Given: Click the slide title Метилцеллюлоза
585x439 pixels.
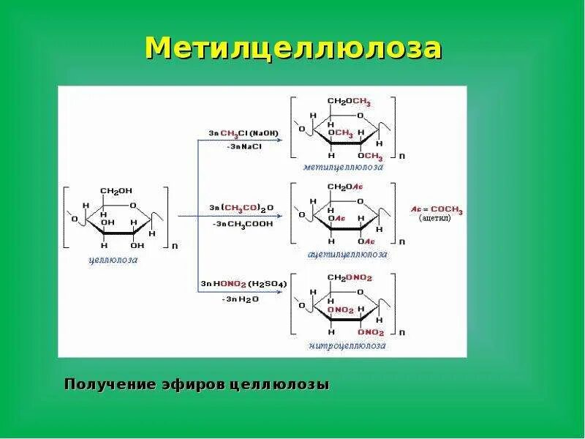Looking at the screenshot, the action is [292, 48].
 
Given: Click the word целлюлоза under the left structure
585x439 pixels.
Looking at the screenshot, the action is [113, 259].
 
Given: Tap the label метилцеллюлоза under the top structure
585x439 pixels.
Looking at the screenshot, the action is [344, 167].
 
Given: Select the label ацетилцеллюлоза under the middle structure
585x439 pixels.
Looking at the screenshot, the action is [347, 254].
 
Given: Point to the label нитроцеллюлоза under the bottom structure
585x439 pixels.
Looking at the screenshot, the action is [347, 345].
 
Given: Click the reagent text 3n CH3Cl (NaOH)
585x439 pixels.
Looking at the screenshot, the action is [244, 133].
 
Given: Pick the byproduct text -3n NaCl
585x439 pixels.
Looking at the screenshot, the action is [244, 146].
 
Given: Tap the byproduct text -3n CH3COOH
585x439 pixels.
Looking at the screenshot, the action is [243, 223].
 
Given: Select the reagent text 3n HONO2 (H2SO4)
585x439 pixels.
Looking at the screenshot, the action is [244, 283].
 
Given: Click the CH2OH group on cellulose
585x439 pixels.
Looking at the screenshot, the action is [115, 192].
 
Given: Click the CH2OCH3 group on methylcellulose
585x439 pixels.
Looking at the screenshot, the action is [349, 102].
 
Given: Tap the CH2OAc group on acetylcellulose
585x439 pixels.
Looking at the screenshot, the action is [344, 188].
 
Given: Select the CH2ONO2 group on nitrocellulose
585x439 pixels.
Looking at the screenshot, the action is [350, 277].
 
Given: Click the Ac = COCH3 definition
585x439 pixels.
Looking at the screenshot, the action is [437, 210].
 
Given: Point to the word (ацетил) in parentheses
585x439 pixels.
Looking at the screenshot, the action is [435, 219].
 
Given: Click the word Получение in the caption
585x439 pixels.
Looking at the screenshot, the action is [110, 384].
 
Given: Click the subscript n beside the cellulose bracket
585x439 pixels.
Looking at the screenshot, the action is [174, 247].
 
